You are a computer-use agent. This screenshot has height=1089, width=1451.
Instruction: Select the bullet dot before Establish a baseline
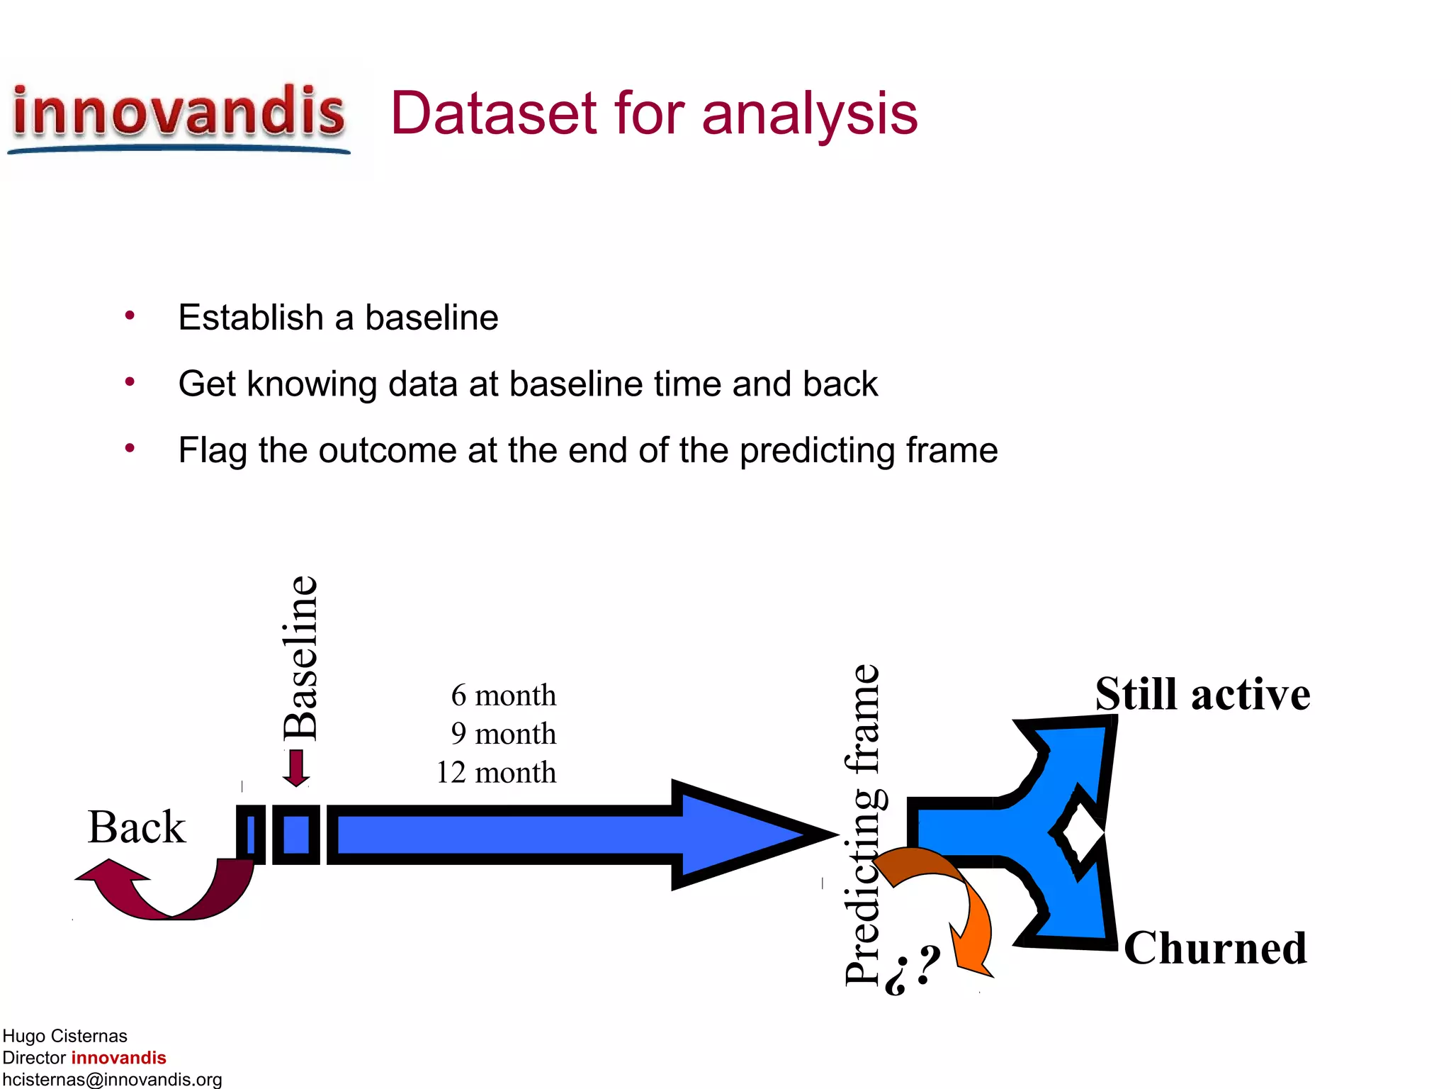(x=130, y=316)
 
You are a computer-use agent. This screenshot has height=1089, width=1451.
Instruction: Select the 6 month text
(x=503, y=696)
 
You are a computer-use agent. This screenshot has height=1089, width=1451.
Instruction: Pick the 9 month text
(x=503, y=734)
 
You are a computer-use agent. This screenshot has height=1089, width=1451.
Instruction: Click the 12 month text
(x=496, y=772)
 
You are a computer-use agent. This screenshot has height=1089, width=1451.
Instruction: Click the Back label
(x=137, y=827)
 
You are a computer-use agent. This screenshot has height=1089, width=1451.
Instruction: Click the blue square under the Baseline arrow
(x=296, y=834)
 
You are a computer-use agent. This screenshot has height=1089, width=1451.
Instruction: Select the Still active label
(x=1202, y=694)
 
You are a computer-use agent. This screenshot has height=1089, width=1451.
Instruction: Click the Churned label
(x=1215, y=948)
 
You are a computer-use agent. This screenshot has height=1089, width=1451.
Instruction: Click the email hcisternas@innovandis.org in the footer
(x=112, y=1079)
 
